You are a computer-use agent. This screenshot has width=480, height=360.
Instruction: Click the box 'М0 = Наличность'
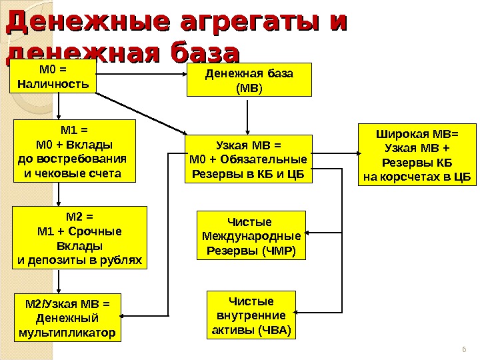point(53,77)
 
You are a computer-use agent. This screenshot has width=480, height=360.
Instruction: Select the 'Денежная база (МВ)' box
point(249,80)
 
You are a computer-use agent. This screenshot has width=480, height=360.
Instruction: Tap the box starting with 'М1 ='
point(73,151)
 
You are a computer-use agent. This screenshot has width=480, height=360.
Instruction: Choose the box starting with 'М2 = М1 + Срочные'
point(79,237)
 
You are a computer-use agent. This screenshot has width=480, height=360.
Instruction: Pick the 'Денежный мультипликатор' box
point(68,317)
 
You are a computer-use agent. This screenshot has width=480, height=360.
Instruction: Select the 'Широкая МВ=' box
point(417,154)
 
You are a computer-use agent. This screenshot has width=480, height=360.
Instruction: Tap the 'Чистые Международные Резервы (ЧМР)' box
point(251,235)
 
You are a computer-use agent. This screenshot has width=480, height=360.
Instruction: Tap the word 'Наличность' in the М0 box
point(53,85)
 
